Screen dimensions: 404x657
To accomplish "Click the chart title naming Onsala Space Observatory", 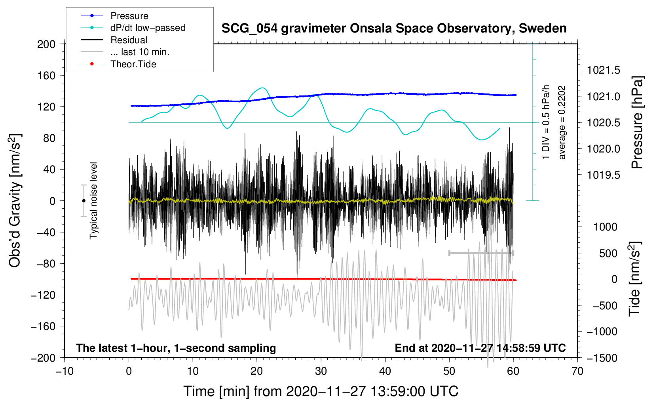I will click(394, 29).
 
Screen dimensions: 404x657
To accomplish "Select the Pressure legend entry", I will click(129, 16).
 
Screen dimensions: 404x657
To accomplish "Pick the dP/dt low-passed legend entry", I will click(148, 28).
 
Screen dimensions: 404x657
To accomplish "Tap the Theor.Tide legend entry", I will click(133, 64).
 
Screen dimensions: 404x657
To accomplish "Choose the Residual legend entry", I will click(129, 40).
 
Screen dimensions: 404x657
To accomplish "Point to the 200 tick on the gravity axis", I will click(46, 44).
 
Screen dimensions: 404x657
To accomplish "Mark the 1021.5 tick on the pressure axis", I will click(603, 71).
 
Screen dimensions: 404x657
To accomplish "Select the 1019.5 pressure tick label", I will click(603, 175).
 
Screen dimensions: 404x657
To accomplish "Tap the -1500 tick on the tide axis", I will click(604, 358).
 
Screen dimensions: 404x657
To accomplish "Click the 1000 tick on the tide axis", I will click(605, 227).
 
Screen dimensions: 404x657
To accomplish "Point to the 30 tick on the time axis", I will click(321, 371).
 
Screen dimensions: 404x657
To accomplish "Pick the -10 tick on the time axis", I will click(65, 371).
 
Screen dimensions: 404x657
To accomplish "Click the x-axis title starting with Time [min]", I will click(321, 391).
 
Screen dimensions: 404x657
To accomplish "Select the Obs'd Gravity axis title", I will click(15, 201).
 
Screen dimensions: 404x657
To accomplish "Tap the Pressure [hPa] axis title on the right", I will click(637, 123).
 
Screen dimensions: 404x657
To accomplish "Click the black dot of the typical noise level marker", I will click(84, 201).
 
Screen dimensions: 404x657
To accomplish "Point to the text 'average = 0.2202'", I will click(562, 123).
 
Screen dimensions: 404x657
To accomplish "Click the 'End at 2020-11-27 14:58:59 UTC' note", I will click(480, 348).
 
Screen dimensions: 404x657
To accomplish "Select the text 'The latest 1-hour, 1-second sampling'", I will click(176, 348).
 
